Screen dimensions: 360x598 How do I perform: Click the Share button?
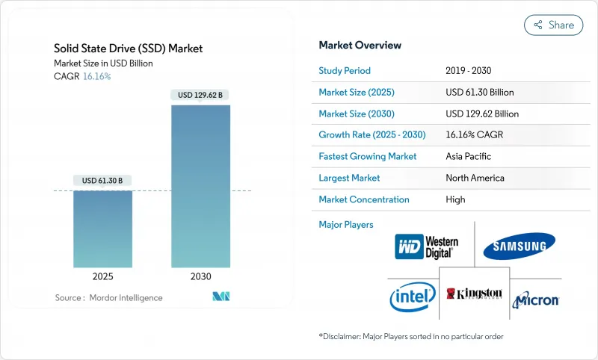click(554, 25)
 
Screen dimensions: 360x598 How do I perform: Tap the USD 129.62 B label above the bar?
click(200, 95)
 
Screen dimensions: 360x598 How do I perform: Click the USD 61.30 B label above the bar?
click(103, 180)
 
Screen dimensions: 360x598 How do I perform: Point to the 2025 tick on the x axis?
click(103, 276)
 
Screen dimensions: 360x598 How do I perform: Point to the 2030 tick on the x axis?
click(200, 276)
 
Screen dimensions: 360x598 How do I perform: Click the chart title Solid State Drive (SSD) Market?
click(129, 49)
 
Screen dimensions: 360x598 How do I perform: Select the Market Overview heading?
click(360, 46)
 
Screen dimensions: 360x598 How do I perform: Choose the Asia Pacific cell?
click(469, 157)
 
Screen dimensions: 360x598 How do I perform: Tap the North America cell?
click(474, 178)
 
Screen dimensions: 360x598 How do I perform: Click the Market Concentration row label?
click(364, 199)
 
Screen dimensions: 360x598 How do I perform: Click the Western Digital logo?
click(427, 246)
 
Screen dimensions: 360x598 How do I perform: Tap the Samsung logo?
click(519, 246)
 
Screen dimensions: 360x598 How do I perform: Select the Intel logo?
click(412, 297)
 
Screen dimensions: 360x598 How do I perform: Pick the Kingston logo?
click(474, 294)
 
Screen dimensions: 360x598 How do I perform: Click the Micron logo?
click(536, 300)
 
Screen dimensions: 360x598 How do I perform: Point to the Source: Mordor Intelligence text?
click(108, 297)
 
